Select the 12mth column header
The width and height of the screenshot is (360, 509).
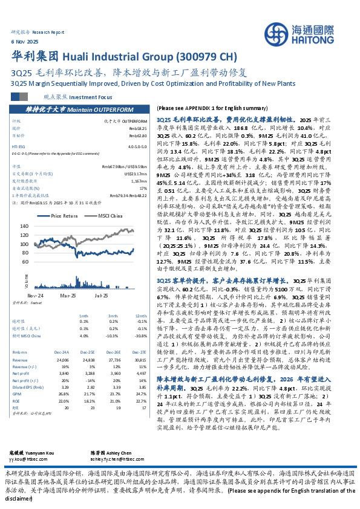tap(141, 315)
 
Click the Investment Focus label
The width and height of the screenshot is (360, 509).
tap(91, 96)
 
